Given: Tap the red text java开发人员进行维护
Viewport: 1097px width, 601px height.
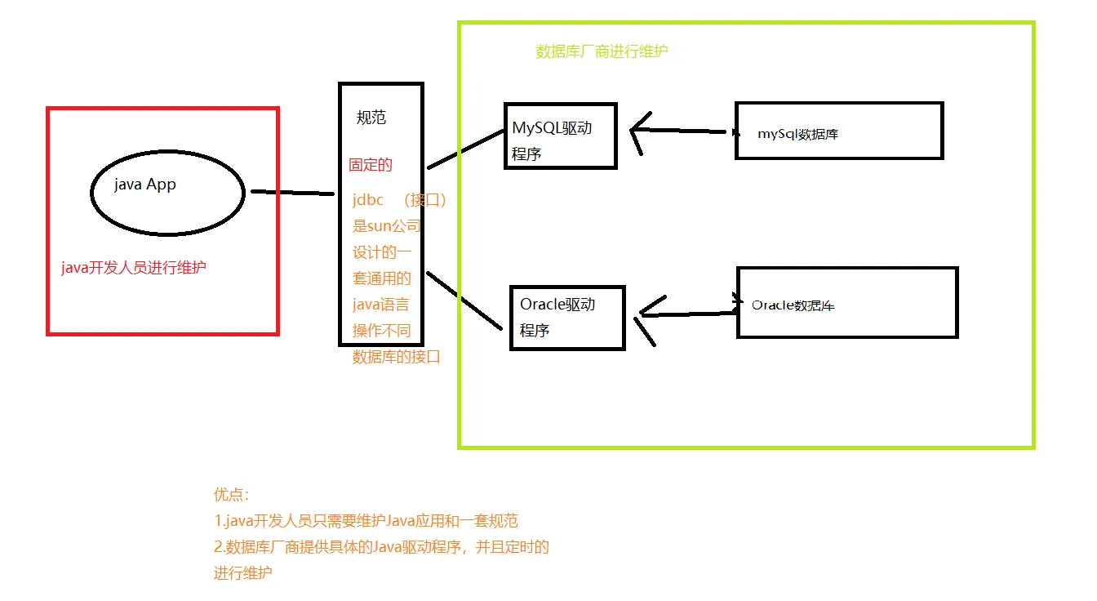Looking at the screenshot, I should pos(134,268).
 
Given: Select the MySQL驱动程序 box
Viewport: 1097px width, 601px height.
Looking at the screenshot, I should pos(560,136).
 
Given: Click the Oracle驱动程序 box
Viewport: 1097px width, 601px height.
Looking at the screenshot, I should pos(566,318).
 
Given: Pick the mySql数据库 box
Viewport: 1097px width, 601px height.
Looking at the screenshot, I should pos(839,131).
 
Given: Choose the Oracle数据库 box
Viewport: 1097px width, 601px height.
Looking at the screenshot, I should pos(846,302).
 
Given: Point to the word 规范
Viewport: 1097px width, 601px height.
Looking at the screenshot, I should pos(371,118).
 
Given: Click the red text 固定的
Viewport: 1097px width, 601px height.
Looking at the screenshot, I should pos(371,165).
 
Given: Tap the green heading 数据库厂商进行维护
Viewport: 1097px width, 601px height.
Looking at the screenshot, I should pos(602,51).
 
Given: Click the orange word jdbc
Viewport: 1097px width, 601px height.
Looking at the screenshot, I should pos(368,200).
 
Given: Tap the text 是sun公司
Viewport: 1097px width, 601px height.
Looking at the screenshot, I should pos(386,226).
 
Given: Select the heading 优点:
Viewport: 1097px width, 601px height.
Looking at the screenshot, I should pos(231,494).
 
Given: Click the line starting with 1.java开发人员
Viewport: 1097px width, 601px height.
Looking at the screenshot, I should pos(366,521).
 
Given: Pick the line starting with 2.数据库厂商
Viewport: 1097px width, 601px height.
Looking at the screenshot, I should pos(381,547).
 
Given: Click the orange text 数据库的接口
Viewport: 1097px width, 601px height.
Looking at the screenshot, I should pos(396,357).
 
